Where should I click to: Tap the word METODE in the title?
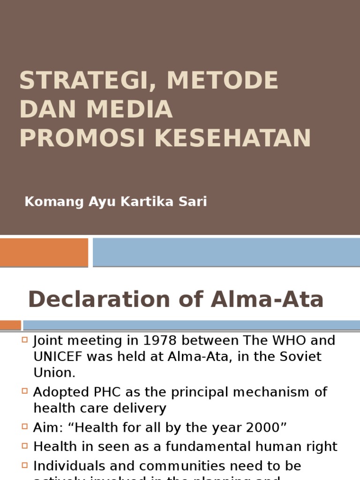223,81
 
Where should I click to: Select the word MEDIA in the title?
129,109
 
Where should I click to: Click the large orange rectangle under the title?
44,252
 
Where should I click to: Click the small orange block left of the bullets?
10,325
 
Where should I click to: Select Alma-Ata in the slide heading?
267,300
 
